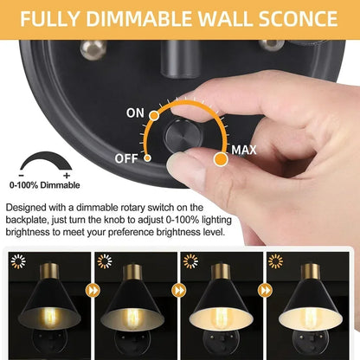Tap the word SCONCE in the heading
coord(296,18)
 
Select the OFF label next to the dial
coord(126,158)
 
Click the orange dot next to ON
coord(155,113)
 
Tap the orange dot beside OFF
coord(148,158)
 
